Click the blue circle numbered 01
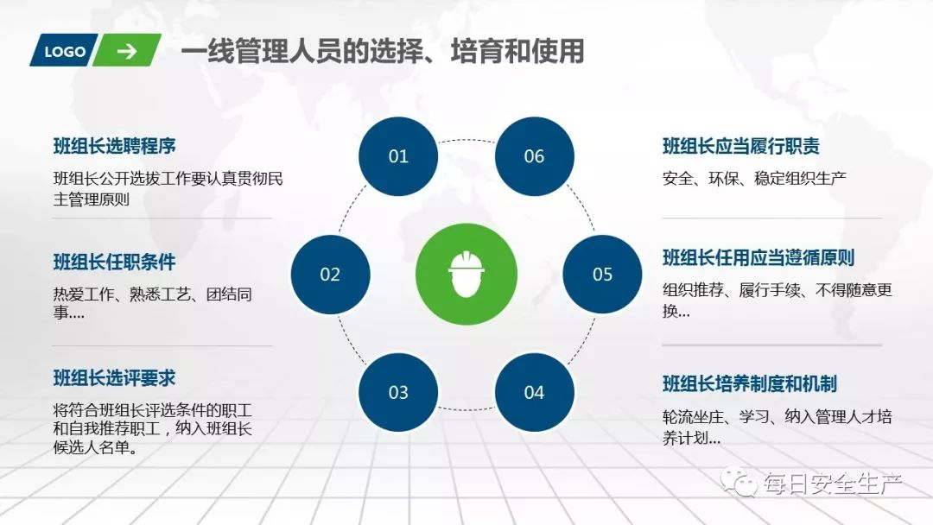pyautogui.click(x=398, y=156)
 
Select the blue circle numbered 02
pyautogui.click(x=330, y=275)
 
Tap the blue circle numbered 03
pyautogui.click(x=398, y=393)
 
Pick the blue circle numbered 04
pyautogui.click(x=534, y=393)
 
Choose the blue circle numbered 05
pyautogui.click(x=602, y=275)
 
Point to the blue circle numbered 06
pyautogui.click(x=534, y=156)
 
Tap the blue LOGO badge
pyautogui.click(x=65, y=51)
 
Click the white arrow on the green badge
pyautogui.click(x=127, y=51)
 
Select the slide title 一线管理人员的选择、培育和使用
pyautogui.click(x=382, y=51)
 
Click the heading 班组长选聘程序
pyautogui.click(x=115, y=146)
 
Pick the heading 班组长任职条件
pyautogui.click(x=115, y=262)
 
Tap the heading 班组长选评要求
pyautogui.click(x=115, y=377)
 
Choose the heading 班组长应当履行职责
pyautogui.click(x=741, y=146)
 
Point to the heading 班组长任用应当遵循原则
pyautogui.click(x=758, y=257)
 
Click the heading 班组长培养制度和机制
pyautogui.click(x=749, y=383)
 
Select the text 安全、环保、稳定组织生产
pyautogui.click(x=754, y=179)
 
